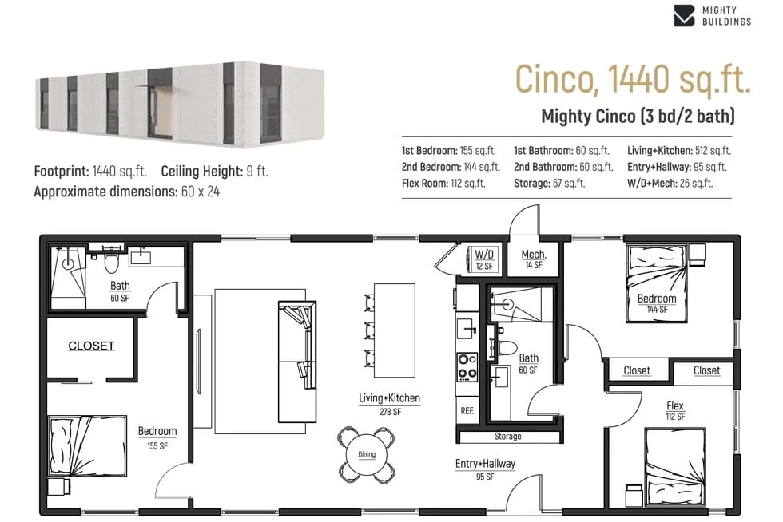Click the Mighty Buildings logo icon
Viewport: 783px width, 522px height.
(684, 15)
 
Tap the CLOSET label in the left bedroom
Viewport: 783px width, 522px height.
(91, 346)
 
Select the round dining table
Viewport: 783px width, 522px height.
(367, 454)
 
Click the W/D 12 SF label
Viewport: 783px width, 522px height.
(484, 259)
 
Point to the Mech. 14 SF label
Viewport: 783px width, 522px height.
(534, 259)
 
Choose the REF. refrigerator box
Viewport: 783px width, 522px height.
(467, 410)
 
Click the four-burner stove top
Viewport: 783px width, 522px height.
(467, 367)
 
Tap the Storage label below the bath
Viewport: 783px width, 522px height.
(508, 436)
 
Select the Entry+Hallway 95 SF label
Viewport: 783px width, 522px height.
(485, 469)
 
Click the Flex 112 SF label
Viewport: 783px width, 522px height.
(675, 410)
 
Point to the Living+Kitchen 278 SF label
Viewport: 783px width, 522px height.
(390, 404)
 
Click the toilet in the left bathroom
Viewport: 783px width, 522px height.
(111, 263)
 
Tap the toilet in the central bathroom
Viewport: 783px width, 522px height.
(507, 347)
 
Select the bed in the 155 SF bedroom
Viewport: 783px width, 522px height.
(87, 445)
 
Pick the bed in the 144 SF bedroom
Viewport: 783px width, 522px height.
(657, 283)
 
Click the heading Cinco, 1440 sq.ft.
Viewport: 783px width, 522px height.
(633, 79)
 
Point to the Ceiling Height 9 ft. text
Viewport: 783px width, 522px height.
(215, 171)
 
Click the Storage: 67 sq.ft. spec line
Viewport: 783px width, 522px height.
(550, 183)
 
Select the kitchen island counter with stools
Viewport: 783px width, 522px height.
(395, 330)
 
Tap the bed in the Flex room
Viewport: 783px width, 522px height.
(675, 467)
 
